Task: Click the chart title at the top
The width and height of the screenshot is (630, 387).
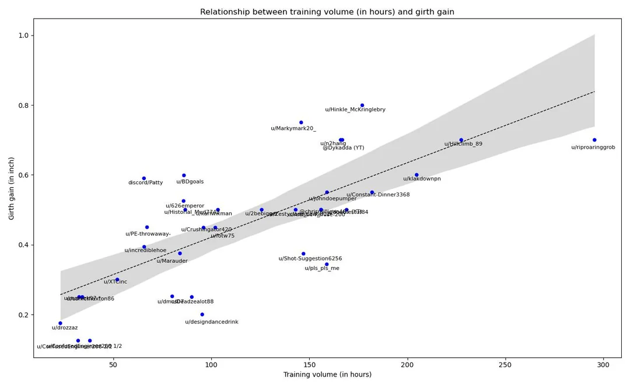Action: tap(327, 12)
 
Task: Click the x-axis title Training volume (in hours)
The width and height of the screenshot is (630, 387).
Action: tap(327, 374)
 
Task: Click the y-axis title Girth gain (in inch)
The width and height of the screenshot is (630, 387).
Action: tap(12, 188)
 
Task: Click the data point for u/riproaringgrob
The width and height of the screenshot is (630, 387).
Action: tap(594, 140)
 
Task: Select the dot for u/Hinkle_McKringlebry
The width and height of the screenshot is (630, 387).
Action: tap(362, 105)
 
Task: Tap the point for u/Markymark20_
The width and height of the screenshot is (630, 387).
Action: tap(301, 122)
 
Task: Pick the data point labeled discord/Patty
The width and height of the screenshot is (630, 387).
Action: tap(144, 178)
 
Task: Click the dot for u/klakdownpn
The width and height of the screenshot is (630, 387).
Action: tap(416, 175)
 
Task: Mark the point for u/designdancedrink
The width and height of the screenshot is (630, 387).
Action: tap(202, 314)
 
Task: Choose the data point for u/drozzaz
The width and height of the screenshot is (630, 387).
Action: tap(60, 323)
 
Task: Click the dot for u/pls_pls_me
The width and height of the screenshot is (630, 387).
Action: tap(327, 264)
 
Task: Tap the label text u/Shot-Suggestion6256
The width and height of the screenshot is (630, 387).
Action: tap(310, 259)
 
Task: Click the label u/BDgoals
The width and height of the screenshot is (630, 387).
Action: tap(190, 182)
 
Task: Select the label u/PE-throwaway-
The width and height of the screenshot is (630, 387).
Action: tap(148, 234)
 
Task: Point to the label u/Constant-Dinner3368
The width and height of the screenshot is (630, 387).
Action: tap(378, 195)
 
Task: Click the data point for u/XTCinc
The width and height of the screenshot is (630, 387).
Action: tap(117, 280)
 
